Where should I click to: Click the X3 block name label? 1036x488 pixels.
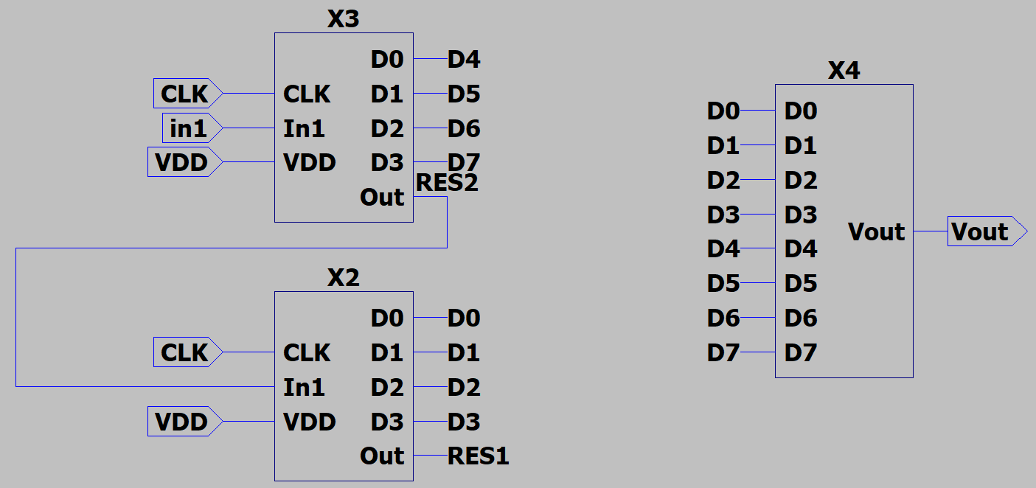click(343, 19)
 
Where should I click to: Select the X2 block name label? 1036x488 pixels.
click(343, 278)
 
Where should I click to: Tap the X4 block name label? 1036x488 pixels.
click(844, 71)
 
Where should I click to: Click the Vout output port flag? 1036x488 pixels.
click(985, 231)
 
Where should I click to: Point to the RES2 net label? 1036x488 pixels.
click(447, 182)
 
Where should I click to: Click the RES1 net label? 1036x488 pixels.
click(478, 456)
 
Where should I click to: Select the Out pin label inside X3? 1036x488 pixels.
click(382, 198)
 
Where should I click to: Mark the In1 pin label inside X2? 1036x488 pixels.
click(304, 387)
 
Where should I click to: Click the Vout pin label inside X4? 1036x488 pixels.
click(876, 231)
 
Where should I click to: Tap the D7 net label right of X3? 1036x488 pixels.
click(464, 162)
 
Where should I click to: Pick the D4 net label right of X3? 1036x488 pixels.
click(464, 59)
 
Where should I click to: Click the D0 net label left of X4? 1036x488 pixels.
click(723, 111)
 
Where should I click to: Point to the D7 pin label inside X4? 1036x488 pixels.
click(800, 353)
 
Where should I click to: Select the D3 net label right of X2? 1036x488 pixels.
click(464, 422)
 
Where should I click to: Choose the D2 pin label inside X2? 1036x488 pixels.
click(387, 387)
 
